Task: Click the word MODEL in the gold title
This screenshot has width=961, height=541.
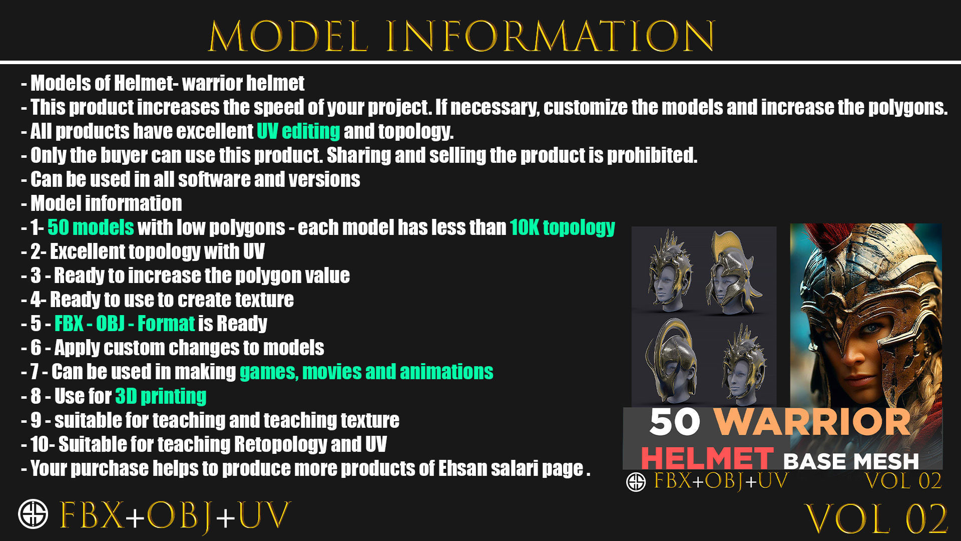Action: [288, 36]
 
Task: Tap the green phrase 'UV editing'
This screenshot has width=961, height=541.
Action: [298, 131]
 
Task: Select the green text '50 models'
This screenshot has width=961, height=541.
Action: [91, 227]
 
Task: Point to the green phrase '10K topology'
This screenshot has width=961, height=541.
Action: [562, 227]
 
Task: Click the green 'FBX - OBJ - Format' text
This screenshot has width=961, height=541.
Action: [124, 324]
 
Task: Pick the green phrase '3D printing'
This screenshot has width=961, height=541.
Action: [161, 396]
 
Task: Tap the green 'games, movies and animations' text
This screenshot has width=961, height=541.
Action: [366, 372]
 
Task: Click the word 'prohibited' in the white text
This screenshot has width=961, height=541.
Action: [652, 155]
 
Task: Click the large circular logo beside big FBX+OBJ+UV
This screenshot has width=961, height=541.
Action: [33, 514]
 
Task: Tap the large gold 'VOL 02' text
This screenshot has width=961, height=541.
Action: [876, 519]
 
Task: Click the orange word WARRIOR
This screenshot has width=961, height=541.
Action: [812, 422]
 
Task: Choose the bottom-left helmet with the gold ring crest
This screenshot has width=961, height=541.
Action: [670, 361]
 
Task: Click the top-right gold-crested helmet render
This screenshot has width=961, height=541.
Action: [732, 273]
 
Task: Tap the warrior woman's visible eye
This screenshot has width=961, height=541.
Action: [872, 329]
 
